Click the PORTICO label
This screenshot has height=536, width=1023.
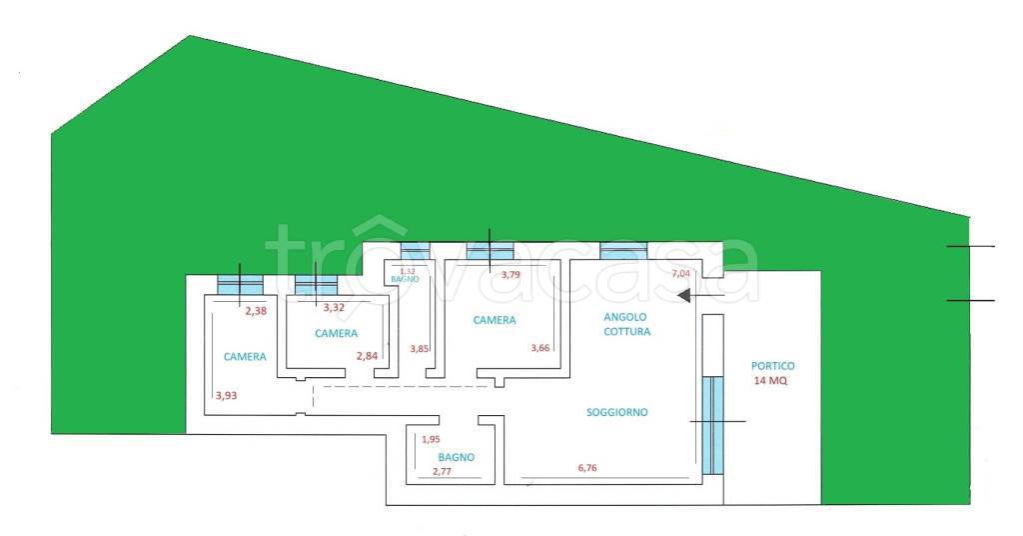tap(773, 366)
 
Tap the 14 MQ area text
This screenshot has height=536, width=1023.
tap(772, 381)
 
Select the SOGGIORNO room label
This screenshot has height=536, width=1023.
tap(617, 412)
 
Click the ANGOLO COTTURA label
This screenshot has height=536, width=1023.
tap(627, 324)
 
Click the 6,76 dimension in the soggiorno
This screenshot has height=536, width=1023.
tap(593, 467)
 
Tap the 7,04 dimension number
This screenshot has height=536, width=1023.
tap(681, 273)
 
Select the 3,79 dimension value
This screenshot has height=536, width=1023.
tap(511, 274)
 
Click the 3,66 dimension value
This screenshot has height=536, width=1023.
tap(540, 348)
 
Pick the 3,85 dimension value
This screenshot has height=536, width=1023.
tap(420, 349)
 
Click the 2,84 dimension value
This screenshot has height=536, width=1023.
tap(370, 356)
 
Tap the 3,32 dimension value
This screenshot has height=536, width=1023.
tap(335, 307)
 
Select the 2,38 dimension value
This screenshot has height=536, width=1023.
tap(256, 311)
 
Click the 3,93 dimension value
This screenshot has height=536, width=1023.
tap(226, 396)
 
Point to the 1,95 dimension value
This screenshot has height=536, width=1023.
tap(431, 440)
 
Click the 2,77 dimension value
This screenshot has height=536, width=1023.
tap(443, 471)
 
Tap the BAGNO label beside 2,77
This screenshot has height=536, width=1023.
tap(456, 457)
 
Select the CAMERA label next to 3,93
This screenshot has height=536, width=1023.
tap(245, 356)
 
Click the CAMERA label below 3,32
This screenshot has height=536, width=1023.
tap(336, 333)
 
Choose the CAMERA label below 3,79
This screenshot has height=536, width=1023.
tap(495, 320)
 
